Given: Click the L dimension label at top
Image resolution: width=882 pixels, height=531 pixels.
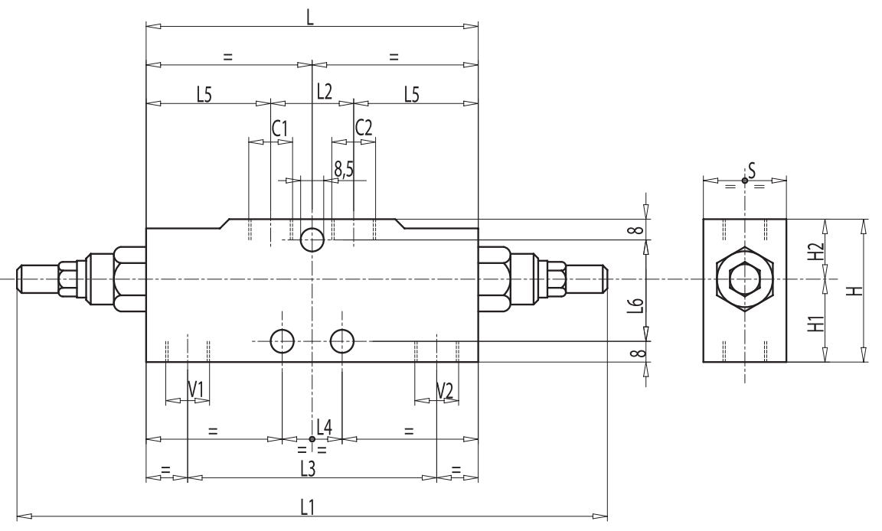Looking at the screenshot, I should [x=309, y=17].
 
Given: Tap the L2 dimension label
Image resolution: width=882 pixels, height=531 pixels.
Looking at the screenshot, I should [x=324, y=92].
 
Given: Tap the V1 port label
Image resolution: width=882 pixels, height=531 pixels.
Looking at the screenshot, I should [x=196, y=390].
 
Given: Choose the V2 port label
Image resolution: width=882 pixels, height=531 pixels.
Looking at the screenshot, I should [x=445, y=390].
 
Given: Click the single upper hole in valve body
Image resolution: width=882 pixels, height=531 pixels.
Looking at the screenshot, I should [x=312, y=239].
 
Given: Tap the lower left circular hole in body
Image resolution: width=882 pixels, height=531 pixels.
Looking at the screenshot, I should [x=283, y=341].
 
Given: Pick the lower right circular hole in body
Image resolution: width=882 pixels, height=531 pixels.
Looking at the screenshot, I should [x=341, y=341].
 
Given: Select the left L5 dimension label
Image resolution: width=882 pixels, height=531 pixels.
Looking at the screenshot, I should [x=204, y=93].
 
